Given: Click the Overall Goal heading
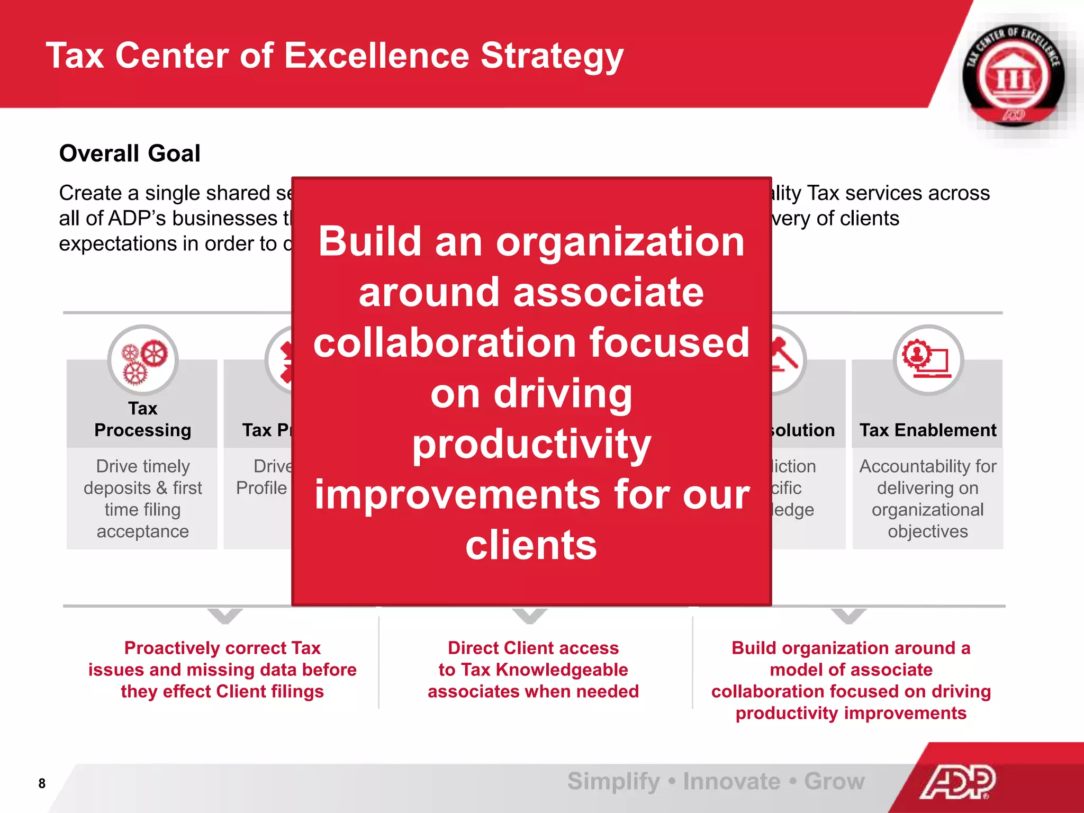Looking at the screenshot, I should pos(130,153).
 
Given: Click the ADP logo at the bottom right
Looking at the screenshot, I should pos(958,781).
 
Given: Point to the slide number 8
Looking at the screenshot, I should pos(42,783).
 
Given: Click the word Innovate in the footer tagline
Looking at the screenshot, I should pos(731,781).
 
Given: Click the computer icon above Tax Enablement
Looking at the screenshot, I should pos(928,360).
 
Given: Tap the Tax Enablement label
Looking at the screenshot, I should pos(927,430).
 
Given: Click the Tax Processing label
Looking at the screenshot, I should pos(142,420).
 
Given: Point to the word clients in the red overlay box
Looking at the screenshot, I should pos(531,545).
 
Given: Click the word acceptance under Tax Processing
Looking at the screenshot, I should pos(142,531).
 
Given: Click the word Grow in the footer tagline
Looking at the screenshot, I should pos(834,781).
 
